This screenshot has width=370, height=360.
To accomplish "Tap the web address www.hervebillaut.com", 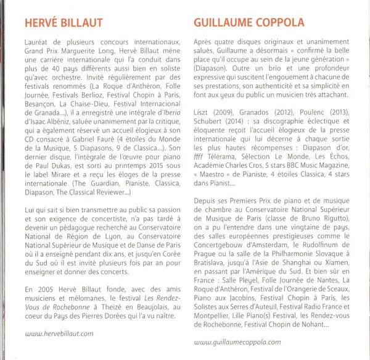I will pos(60,333).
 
